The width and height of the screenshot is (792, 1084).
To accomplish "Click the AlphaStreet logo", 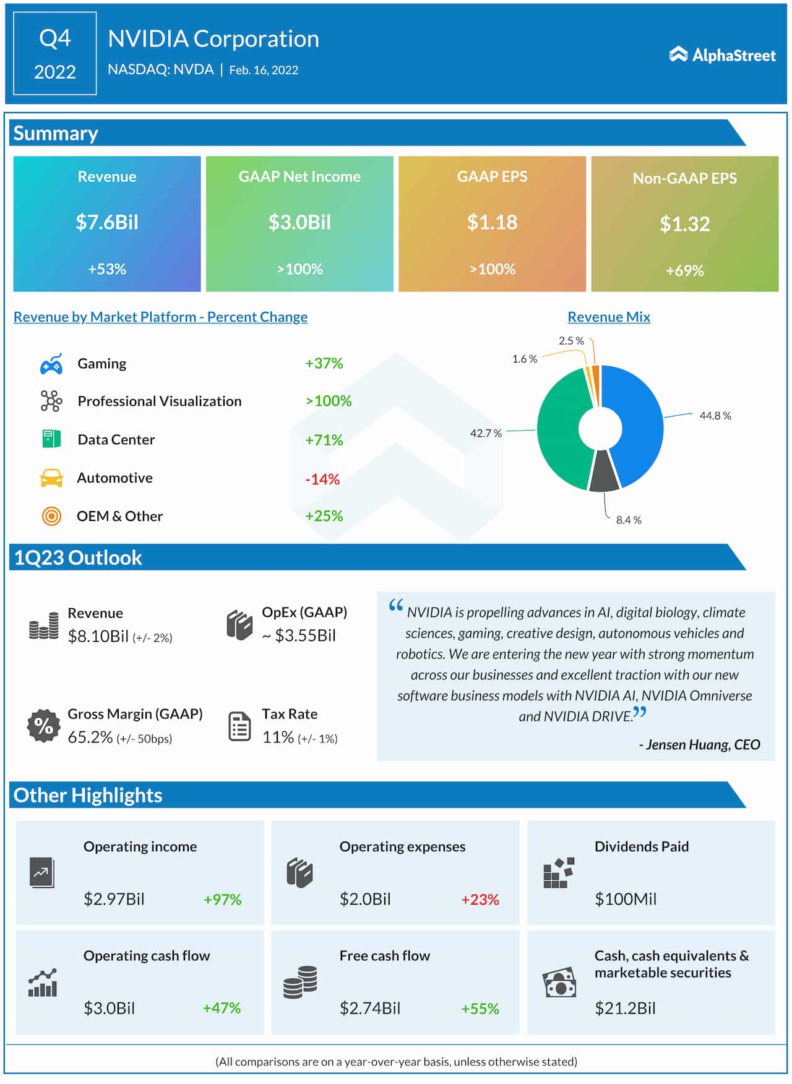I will point(722,55).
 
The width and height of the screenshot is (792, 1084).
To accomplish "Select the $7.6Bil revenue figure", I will point(107,222).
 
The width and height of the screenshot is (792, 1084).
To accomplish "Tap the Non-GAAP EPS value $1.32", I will point(684,224).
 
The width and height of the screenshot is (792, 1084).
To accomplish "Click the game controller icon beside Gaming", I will point(51,364).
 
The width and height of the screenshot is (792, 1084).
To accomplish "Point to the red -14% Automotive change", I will point(322,479).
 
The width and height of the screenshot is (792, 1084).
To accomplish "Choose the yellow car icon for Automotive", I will point(51,478).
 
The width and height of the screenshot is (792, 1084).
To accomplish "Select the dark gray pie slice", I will point(604,473).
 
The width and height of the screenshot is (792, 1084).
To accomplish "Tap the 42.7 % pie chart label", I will point(486,433).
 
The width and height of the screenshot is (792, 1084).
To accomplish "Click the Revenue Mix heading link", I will point(609,317).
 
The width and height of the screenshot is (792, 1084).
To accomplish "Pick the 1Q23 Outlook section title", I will point(78,557).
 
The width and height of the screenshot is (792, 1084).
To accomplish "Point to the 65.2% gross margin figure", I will point(90,738).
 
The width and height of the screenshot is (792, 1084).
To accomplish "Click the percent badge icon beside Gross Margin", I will point(43,725).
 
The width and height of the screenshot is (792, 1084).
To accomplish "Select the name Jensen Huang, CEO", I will point(699,745).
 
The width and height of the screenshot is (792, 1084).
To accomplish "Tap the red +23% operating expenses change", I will point(480,900).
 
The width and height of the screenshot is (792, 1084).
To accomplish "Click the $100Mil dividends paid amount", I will point(625,899).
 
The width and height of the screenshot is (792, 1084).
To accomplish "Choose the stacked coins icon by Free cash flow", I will point(300,982).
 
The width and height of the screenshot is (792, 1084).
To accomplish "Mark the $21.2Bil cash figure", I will point(625,1009).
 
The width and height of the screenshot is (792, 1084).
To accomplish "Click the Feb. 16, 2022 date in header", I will point(264,70).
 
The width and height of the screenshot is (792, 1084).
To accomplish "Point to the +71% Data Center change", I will point(324,440).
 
